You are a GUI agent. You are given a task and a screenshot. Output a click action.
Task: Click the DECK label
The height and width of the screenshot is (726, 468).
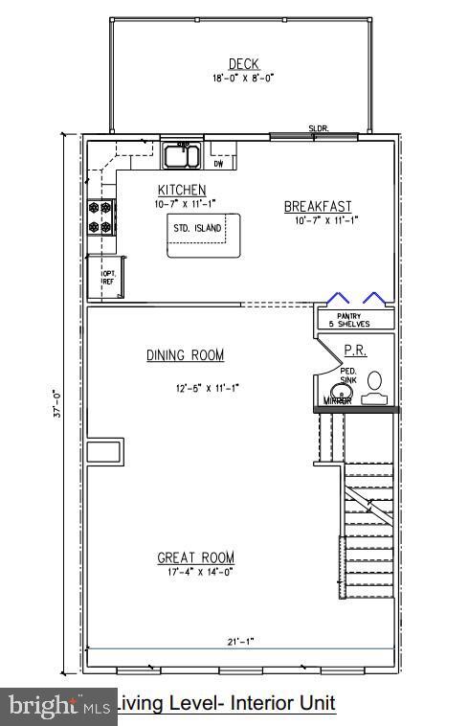pyautogui.click(x=239, y=64)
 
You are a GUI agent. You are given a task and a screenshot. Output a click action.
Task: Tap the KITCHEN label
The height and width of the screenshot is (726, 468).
pyautogui.click(x=182, y=191)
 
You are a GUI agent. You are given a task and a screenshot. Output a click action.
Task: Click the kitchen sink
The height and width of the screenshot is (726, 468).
pyautogui.click(x=181, y=155)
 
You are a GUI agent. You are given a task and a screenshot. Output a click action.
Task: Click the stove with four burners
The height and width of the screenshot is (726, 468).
pyautogui.click(x=100, y=216)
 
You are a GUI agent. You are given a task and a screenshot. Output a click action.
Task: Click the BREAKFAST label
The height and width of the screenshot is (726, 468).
pyautogui.click(x=318, y=207)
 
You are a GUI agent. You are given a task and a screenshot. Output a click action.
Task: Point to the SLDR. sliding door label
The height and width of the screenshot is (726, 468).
pyautogui.click(x=318, y=128)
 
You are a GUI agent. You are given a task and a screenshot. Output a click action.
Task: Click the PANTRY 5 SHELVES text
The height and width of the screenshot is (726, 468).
pyautogui.click(x=353, y=320)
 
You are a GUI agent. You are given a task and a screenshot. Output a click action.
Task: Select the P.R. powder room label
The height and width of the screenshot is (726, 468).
pyautogui.click(x=354, y=352)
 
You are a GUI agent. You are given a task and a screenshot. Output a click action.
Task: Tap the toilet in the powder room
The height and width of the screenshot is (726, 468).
pyautogui.click(x=375, y=381)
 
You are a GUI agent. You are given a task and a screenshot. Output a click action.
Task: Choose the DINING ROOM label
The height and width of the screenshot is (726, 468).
pyautogui.click(x=185, y=355)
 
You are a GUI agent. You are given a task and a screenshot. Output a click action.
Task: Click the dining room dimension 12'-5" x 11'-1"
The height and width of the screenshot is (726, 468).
pyautogui.click(x=206, y=388)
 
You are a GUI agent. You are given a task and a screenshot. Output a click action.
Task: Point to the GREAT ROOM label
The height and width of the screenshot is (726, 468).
pyautogui.click(x=195, y=557)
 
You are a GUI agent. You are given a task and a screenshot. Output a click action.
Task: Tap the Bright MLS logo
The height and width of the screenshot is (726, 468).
pyautogui.click(x=57, y=707)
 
